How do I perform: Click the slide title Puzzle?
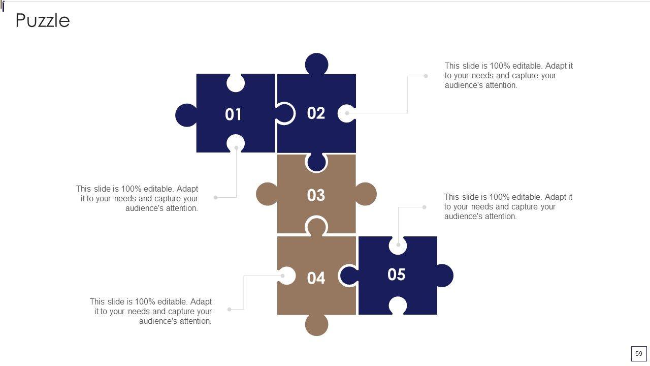pyautogui.click(x=43, y=21)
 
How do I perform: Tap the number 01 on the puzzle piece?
pyautogui.click(x=233, y=114)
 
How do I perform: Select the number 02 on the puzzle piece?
pyautogui.click(x=316, y=113)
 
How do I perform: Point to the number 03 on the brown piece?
pyautogui.click(x=316, y=195)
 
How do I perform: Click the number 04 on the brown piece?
pyautogui.click(x=316, y=278)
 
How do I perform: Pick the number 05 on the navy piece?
pyautogui.click(x=397, y=274)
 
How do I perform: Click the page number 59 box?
pyautogui.click(x=639, y=353)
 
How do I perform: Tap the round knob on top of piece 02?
pyautogui.click(x=316, y=64)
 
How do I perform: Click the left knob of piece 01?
pyautogui.click(x=186, y=115)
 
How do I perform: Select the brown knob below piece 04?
pyautogui.click(x=316, y=325)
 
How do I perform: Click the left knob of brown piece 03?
pyautogui.click(x=267, y=194)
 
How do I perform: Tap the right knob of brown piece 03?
pyautogui.click(x=366, y=194)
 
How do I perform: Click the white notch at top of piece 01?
pyautogui.click(x=235, y=83)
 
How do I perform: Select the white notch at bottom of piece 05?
pyautogui.click(x=398, y=306)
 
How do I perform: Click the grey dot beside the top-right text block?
pyautogui.click(x=426, y=76)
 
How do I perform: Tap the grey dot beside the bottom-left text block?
pyautogui.click(x=229, y=310)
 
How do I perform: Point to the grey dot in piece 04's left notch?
pyautogui.click(x=283, y=276)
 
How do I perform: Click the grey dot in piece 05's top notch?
pyautogui.click(x=398, y=245)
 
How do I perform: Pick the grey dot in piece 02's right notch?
pyautogui.click(x=347, y=113)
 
